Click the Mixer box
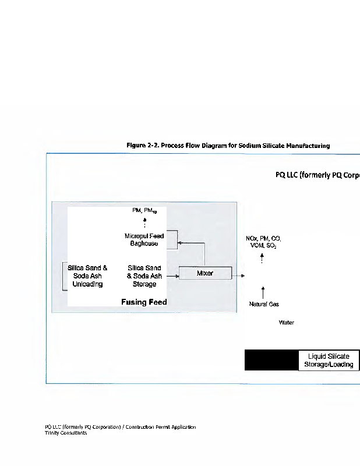205,273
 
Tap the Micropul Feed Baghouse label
144,240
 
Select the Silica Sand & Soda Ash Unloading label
87,276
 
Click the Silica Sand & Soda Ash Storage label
144,276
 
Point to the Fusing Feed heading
144,302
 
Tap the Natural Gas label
264,304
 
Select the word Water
287,322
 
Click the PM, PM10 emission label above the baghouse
144,211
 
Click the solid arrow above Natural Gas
264,292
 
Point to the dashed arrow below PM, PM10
144,223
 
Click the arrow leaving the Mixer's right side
239,276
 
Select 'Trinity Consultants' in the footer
66,433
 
